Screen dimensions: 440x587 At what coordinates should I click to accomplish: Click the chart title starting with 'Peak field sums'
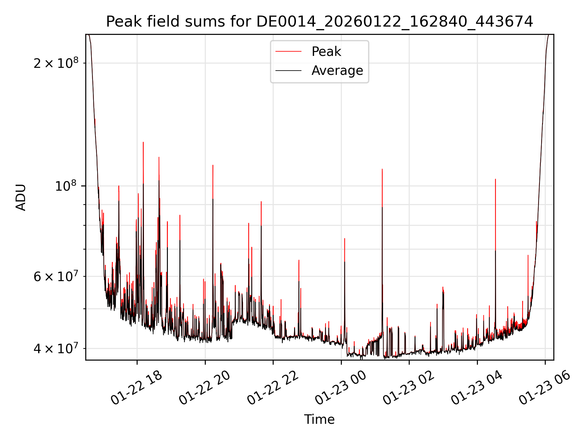319,22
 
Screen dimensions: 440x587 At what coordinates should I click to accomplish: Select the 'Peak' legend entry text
326,51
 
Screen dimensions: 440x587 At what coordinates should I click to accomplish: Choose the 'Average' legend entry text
337,71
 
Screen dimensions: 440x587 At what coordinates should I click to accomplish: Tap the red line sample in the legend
288,51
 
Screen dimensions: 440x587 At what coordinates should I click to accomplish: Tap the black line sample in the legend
288,71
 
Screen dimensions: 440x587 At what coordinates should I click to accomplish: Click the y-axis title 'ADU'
21,197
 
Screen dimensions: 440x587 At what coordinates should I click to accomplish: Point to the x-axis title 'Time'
319,419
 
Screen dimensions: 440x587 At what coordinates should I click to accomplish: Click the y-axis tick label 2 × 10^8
56,63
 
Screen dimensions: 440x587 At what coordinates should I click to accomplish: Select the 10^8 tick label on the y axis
66,186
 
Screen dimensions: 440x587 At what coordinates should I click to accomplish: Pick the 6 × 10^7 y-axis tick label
56,277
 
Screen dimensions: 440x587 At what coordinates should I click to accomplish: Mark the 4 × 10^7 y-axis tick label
56,348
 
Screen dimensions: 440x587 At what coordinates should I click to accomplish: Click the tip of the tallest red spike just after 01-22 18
143,142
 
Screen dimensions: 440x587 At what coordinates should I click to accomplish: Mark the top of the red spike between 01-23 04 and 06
495,179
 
